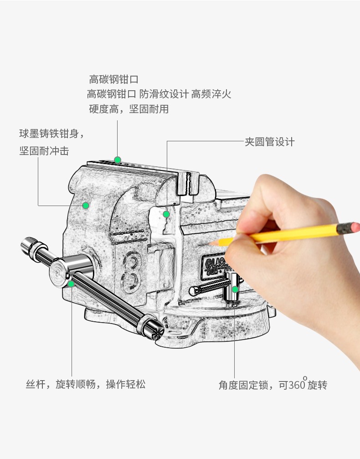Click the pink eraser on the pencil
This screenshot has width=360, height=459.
[355, 227]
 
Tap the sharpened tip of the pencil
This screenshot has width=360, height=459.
[209, 243]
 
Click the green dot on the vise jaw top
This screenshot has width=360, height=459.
[118, 160]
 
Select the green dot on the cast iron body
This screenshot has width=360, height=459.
[86, 206]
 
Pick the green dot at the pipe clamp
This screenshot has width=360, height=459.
[166, 214]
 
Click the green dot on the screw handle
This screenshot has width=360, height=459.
[71, 284]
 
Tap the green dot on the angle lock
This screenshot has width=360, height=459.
[235, 289]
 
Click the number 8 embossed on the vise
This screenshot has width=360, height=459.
[130, 272]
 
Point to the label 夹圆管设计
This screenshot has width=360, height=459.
[270, 142]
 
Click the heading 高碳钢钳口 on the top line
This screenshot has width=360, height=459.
[113, 79]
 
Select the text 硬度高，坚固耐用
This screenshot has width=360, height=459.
[129, 109]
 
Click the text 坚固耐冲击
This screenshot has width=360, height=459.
[44, 151]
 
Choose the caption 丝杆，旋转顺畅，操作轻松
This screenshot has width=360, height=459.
[86, 384]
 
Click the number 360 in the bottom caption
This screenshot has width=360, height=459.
[297, 385]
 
